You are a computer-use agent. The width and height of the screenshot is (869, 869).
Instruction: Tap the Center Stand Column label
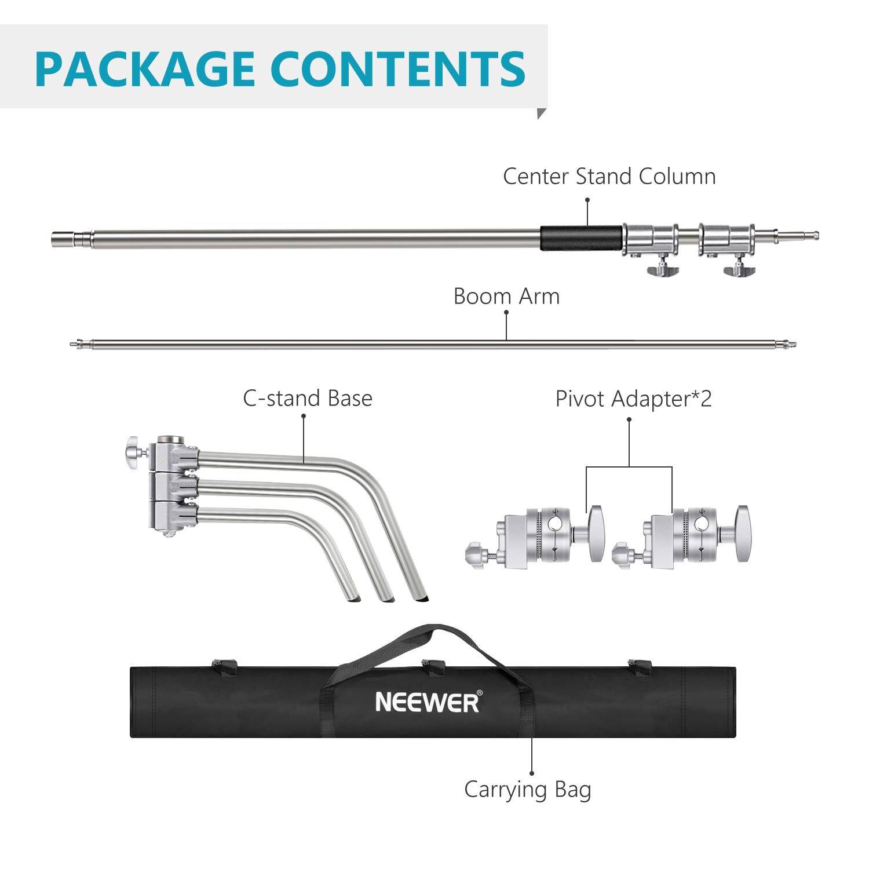(x=609, y=177)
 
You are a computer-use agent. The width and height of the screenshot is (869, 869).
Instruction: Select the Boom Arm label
(x=506, y=297)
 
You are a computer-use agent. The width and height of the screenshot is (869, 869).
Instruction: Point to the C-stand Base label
(x=307, y=399)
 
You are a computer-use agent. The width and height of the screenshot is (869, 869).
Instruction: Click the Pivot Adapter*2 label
(x=633, y=399)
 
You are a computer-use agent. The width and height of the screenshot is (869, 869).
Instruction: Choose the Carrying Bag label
(x=527, y=790)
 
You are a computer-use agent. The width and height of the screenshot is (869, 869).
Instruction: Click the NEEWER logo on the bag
(x=428, y=702)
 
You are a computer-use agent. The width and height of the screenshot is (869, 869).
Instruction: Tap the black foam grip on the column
(x=581, y=238)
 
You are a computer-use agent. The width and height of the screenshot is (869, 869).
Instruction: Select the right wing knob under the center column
(x=739, y=268)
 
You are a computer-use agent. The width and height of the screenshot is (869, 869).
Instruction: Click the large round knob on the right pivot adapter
(x=742, y=533)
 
